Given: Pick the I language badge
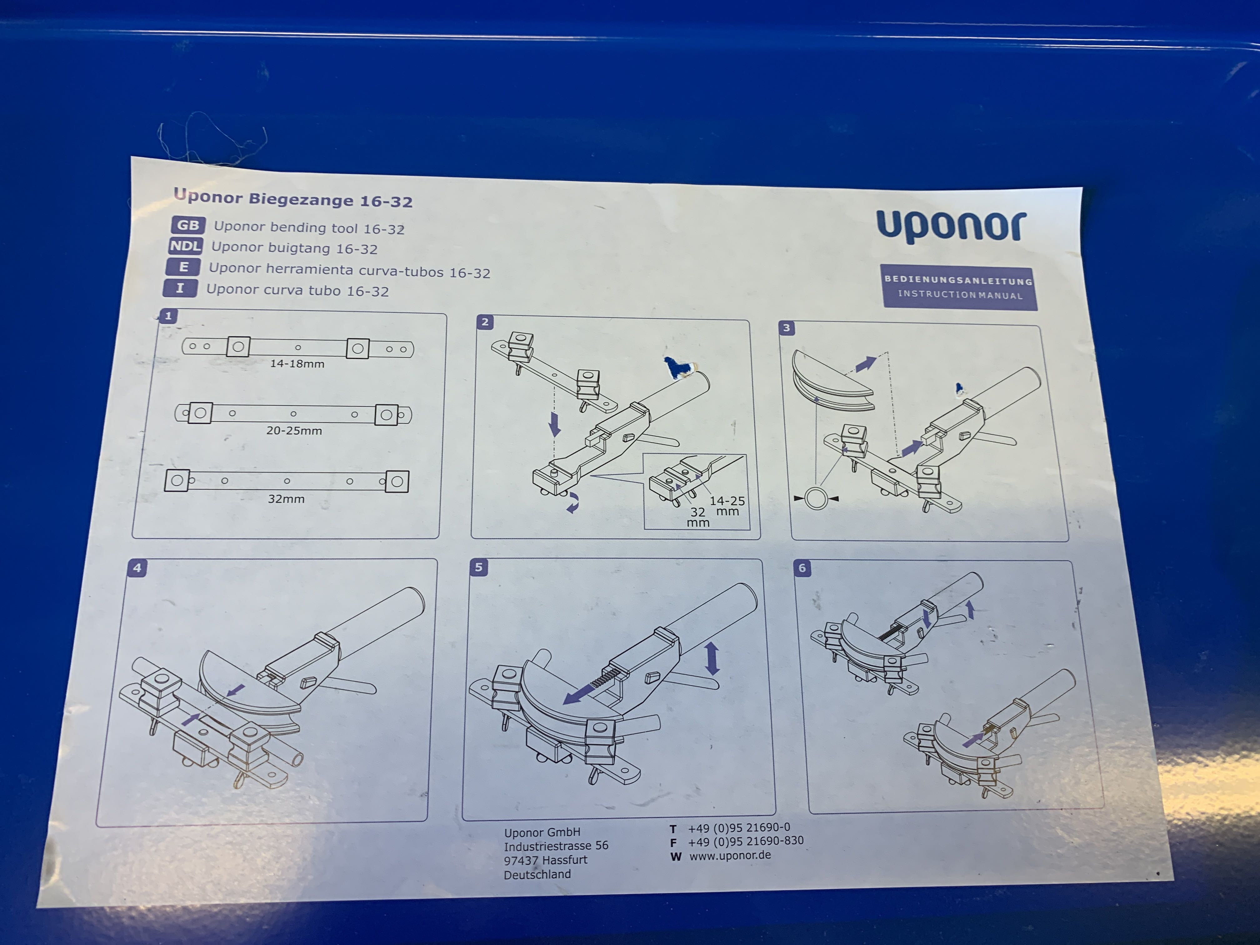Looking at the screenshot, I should click(180, 288).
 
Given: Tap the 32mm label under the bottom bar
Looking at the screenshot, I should click(286, 499).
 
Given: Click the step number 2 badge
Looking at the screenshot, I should click(485, 322).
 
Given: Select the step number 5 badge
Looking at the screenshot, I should click(478, 567).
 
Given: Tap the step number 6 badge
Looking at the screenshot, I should click(802, 568).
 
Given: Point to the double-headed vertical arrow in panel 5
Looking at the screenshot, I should click(712, 659).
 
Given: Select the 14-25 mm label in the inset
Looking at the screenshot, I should click(727, 506).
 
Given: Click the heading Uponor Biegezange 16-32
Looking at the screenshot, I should click(293, 198).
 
